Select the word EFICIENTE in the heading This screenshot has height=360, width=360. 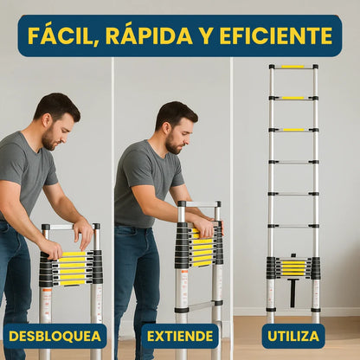(275, 35)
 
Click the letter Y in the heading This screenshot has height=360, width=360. (205, 35)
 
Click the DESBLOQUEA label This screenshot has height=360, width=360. (55, 336)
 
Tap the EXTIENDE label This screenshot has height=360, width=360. (179, 336)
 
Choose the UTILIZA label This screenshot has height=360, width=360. (292, 336)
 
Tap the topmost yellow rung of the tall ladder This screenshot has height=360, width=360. (292, 67)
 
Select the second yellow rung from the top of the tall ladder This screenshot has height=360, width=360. (292, 98)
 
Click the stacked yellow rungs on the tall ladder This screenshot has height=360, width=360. (292, 268)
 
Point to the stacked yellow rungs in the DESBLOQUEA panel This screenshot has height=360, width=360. (73, 268)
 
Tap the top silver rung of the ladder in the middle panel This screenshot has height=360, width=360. (198, 205)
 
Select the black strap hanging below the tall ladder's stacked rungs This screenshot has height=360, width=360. (292, 292)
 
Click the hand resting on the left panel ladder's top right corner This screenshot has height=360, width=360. (84, 232)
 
